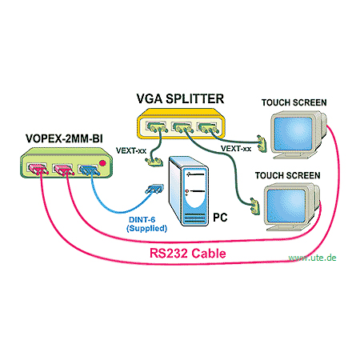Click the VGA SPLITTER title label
point(180,98)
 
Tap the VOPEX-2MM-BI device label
point(64,138)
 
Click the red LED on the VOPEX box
point(102,163)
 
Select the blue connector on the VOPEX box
point(90,170)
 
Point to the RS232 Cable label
point(187,253)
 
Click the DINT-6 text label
point(142,220)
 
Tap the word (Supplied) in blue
point(146,228)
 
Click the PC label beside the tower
point(220,218)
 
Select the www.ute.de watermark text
point(312,258)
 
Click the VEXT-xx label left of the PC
point(131,150)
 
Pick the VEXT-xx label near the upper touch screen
point(236,148)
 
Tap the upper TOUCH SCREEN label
point(294,102)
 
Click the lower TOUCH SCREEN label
point(287,175)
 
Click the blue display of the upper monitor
point(293,133)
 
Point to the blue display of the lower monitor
point(286,206)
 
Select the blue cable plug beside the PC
point(154,189)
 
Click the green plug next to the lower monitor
point(254,206)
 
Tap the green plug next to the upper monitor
point(262,143)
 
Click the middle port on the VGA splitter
point(182,127)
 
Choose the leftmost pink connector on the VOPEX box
point(38,169)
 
